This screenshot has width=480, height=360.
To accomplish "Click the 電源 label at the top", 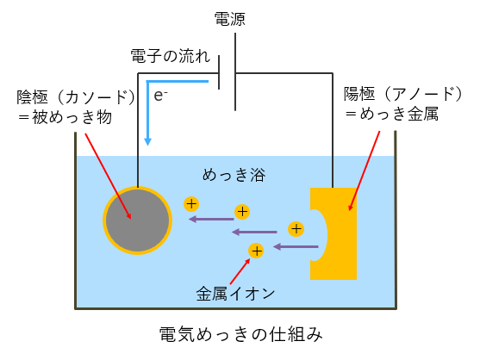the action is [x=229, y=19].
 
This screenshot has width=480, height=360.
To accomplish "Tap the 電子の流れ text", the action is [x=171, y=56].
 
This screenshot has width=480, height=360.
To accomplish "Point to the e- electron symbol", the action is [x=160, y=96].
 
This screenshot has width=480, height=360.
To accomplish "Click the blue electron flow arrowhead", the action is [x=148, y=141].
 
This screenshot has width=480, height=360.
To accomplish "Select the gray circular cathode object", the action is [x=137, y=220].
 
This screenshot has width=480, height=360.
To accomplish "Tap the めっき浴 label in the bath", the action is [x=234, y=175].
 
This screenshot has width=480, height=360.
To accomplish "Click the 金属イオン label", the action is [x=235, y=294].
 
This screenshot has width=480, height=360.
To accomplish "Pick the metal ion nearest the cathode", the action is [x=191, y=204].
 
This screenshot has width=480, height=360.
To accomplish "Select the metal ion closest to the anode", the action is [x=296, y=229].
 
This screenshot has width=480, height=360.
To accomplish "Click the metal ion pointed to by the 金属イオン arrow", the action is [x=256, y=251].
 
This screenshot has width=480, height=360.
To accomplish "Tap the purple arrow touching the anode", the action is [x=296, y=246].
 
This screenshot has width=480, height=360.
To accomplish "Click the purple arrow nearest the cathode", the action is [x=211, y=219].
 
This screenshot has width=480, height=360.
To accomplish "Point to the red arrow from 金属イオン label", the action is [x=240, y=271].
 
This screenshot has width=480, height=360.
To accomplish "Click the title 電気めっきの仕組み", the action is [x=241, y=333].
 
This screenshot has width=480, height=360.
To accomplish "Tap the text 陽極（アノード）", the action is [x=403, y=94].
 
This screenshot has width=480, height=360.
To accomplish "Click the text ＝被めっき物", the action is [x=65, y=117].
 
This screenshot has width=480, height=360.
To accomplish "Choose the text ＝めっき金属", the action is [x=392, y=114].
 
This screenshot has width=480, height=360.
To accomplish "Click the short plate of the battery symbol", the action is [x=219, y=72].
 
